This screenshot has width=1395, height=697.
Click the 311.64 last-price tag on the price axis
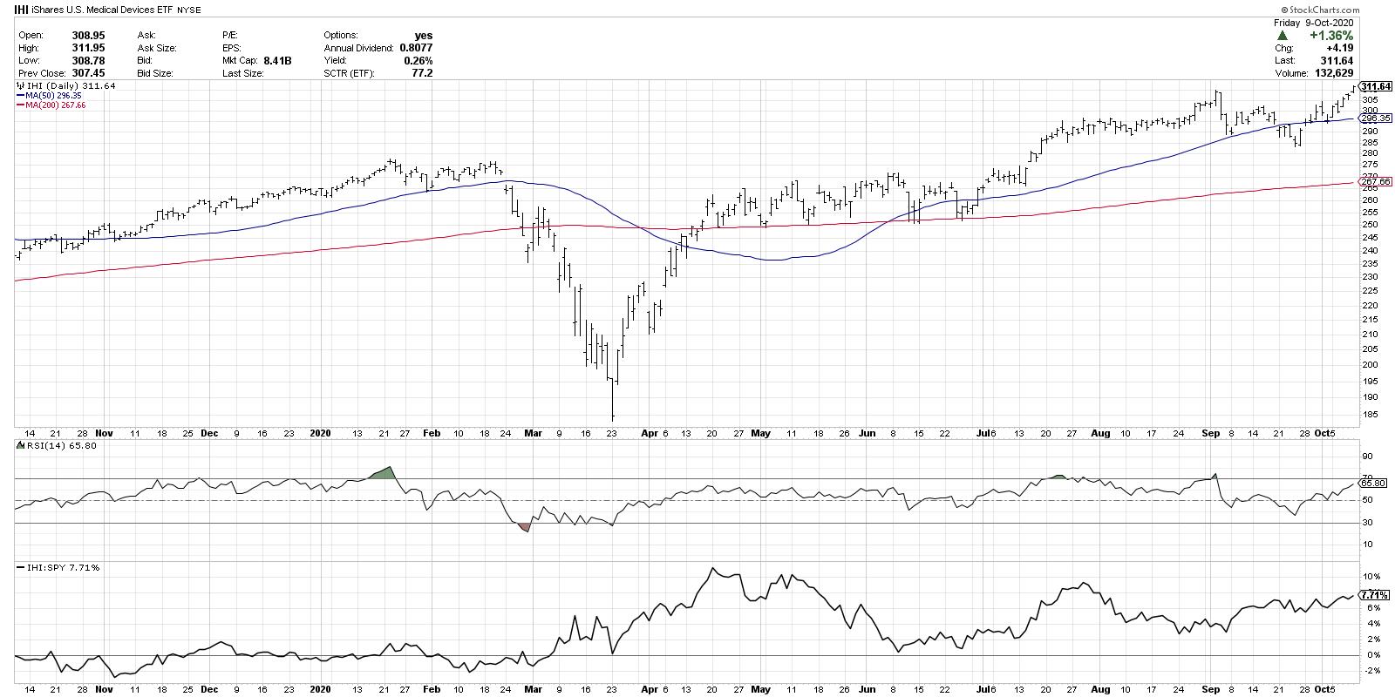[1377, 86]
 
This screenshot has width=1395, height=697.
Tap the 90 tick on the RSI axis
[1368, 456]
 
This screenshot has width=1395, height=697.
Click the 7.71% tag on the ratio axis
[1375, 595]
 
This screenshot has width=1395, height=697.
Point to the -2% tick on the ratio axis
[1371, 671]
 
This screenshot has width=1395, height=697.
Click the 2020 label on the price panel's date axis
[321, 433]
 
